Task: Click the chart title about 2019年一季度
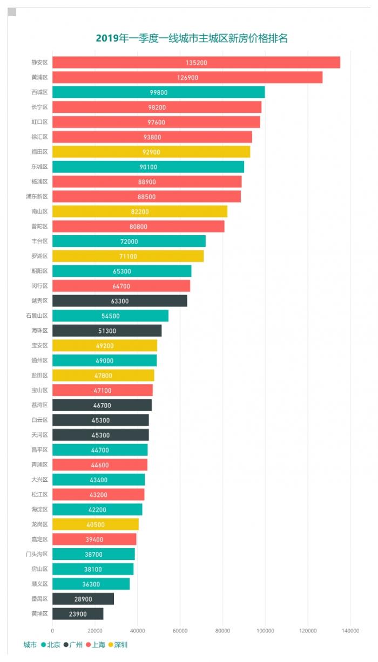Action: (192, 38)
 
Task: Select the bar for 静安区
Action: (196, 63)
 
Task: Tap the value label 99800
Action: (158, 92)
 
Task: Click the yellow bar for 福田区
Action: (151, 152)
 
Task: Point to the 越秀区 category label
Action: (39, 301)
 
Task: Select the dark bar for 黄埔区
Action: (78, 613)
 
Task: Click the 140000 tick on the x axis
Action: (350, 630)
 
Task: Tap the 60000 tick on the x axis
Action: (180, 630)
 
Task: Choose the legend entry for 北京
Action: (50, 644)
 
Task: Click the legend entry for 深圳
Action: (118, 644)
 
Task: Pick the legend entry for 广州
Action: (73, 644)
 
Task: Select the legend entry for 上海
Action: (95, 644)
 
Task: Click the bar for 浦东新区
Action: (146, 196)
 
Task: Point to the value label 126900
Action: (187, 78)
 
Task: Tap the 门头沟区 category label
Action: (37, 554)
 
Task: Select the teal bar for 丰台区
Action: (129, 241)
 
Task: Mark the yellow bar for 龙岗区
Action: (96, 524)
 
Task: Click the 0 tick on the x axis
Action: (52, 630)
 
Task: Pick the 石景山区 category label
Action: (37, 316)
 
